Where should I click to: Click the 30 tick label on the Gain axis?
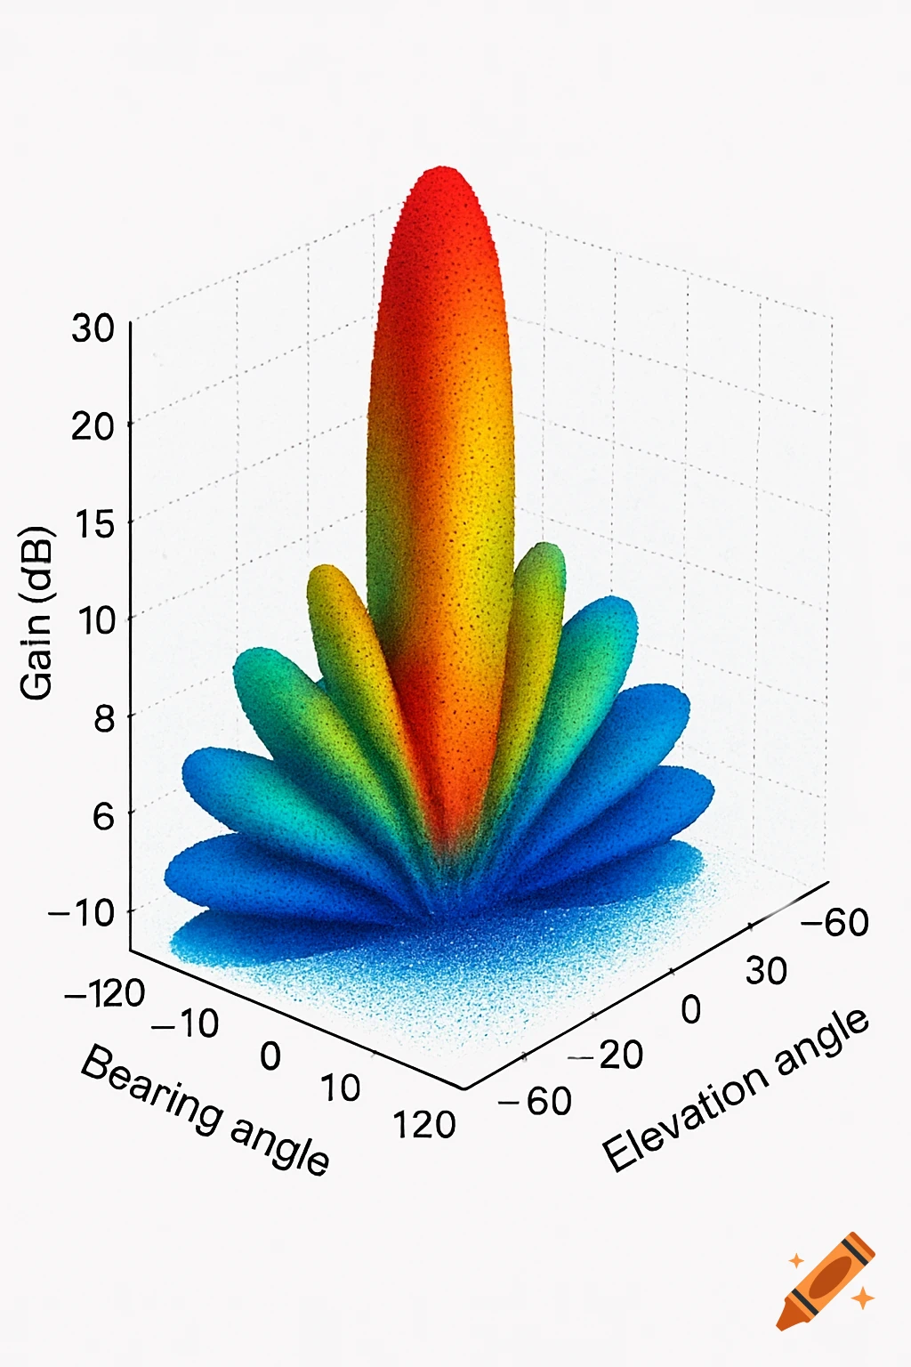(93, 328)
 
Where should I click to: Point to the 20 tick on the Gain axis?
(93, 425)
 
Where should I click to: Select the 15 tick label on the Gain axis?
(93, 523)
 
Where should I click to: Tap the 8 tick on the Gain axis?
(103, 717)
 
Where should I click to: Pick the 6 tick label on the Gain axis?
(103, 815)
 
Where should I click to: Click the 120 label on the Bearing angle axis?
(424, 1125)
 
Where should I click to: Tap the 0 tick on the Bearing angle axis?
(270, 1056)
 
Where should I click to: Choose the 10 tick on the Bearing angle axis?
(340, 1088)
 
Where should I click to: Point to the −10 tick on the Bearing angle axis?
(185, 1023)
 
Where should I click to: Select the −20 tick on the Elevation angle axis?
(608, 1056)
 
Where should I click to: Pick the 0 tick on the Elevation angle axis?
(691, 1010)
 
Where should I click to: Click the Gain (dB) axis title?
(37, 614)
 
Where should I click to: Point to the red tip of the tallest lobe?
(442, 178)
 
